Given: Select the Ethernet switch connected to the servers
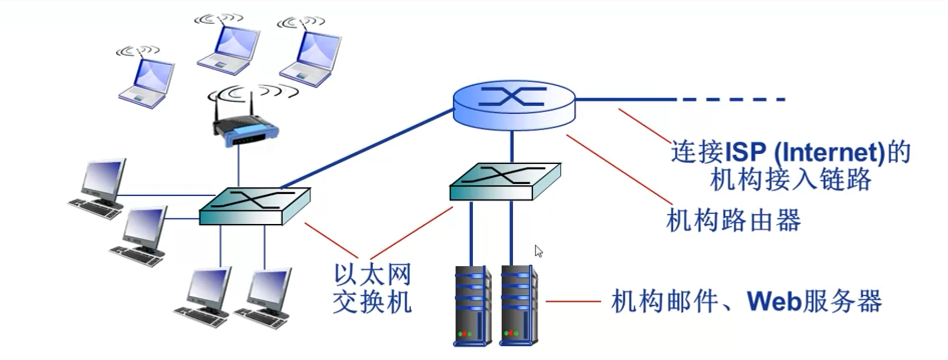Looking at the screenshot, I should coord(504,181).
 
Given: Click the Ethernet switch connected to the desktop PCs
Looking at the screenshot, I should coord(254,206).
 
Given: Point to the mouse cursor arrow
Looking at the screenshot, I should coord(538,251).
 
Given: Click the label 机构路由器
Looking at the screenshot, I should coord(733,221).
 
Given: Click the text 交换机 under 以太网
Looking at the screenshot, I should coord(372,302).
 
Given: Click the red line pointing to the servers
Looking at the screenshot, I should coord(573,302).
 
